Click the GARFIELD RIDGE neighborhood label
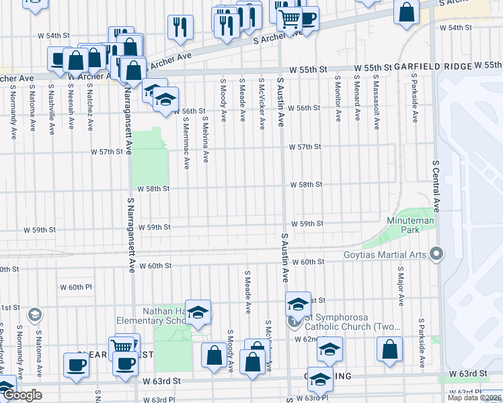[x=432, y=68]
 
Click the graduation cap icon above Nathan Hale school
[x=198, y=312]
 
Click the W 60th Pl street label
[x=75, y=287]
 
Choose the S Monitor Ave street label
[x=338, y=99]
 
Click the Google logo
[x=23, y=395]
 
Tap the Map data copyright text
[x=475, y=398]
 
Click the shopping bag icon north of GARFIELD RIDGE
[x=406, y=13]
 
